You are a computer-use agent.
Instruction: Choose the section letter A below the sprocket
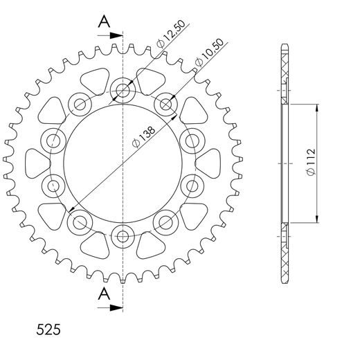[102, 294]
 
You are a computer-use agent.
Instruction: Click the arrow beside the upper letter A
[115, 33]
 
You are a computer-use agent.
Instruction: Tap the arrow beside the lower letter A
[115, 305]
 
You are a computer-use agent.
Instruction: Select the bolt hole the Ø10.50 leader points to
[166, 105]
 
